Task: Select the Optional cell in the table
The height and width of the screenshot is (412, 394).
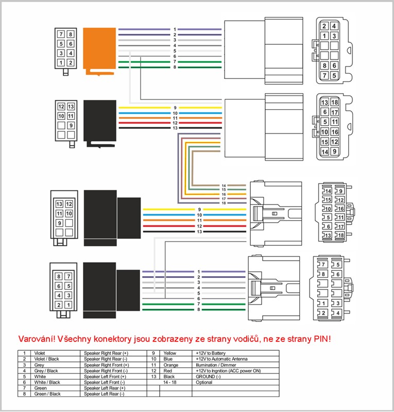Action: [x=203, y=382]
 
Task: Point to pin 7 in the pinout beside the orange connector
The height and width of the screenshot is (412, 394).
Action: [x=61, y=35]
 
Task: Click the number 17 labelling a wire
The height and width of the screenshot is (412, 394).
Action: [x=224, y=198]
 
